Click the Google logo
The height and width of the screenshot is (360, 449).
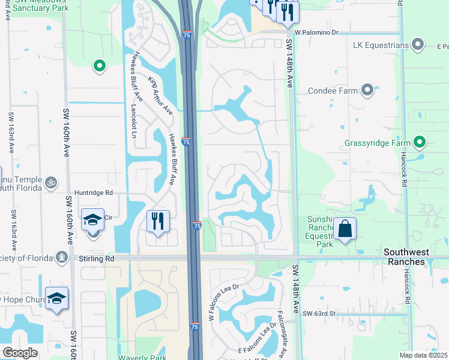[x=20, y=353]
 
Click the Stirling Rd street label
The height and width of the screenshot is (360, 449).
[x=96, y=258]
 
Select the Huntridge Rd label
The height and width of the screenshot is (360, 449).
[x=93, y=193]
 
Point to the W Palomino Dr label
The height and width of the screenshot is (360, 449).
[x=316, y=33]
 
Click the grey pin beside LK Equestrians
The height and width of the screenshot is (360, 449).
[x=418, y=45]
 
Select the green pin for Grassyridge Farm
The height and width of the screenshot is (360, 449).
[x=420, y=143]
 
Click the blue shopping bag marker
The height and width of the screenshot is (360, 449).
[x=345, y=229]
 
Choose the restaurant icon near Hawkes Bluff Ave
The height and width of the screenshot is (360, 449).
[x=158, y=221]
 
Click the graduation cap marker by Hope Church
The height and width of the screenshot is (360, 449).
[x=56, y=298]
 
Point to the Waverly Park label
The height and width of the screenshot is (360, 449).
[x=143, y=356]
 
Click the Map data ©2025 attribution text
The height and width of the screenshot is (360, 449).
[x=424, y=355]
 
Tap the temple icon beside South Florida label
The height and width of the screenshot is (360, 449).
[x=52, y=181]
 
